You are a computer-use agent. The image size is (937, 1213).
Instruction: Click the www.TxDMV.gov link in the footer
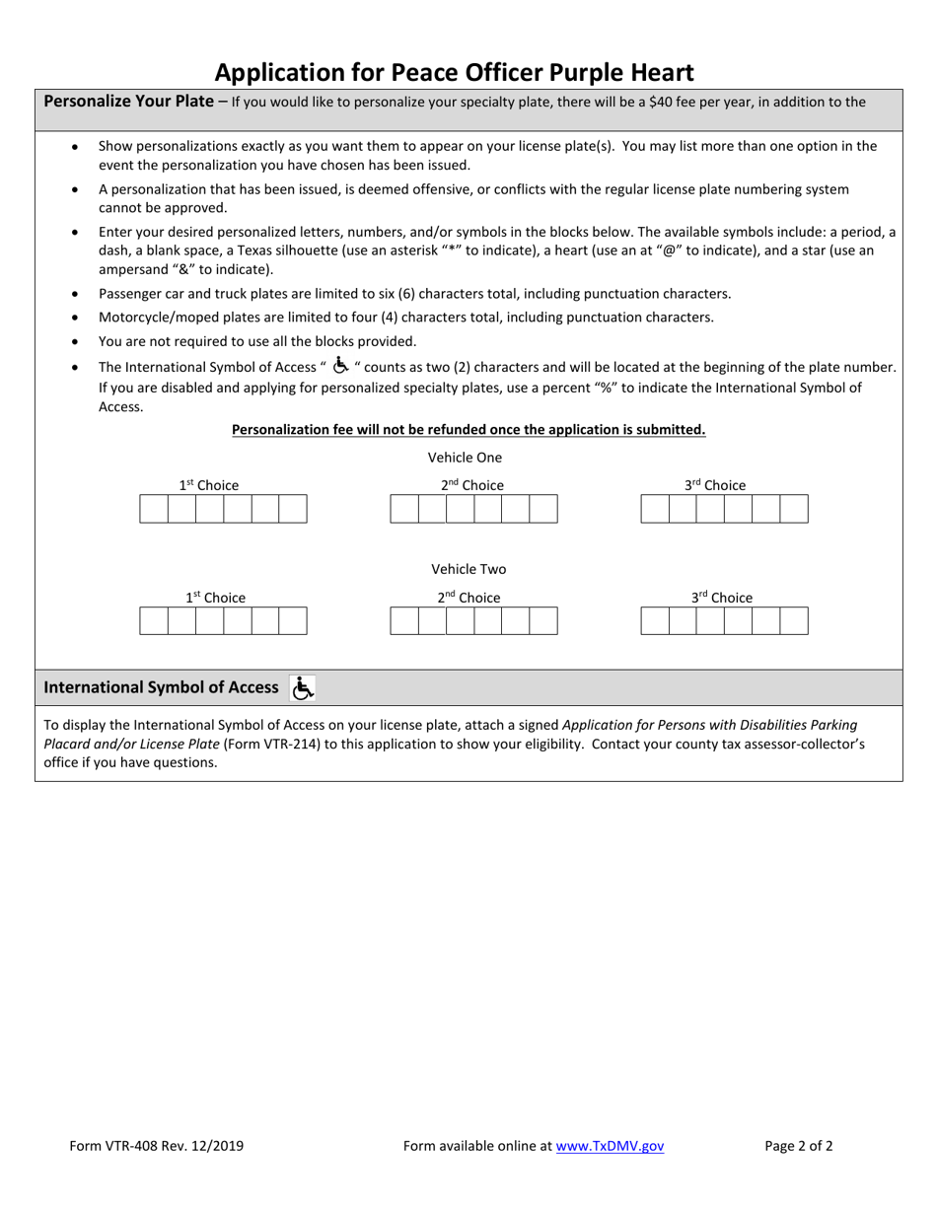(610, 1146)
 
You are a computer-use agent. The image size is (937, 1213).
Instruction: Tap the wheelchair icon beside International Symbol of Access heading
(303, 688)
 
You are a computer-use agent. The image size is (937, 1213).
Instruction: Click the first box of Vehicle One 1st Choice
(154, 509)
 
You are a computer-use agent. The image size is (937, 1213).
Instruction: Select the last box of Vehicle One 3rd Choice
(794, 509)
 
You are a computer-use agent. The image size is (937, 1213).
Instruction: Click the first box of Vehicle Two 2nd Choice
(404, 621)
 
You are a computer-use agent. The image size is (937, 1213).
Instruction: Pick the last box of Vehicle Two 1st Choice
(293, 621)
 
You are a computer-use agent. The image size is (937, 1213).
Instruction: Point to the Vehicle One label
(465, 458)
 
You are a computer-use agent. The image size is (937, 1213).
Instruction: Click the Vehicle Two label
(468, 569)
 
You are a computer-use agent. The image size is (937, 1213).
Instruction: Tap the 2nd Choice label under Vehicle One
(471, 485)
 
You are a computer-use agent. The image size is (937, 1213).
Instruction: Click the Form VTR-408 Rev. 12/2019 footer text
(157, 1146)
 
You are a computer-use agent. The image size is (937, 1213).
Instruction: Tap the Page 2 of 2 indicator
(799, 1146)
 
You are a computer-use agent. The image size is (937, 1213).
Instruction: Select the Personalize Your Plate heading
(128, 101)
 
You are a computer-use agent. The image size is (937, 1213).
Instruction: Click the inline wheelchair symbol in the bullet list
(340, 366)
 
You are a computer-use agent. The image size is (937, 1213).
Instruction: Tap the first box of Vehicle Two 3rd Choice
(655, 621)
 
